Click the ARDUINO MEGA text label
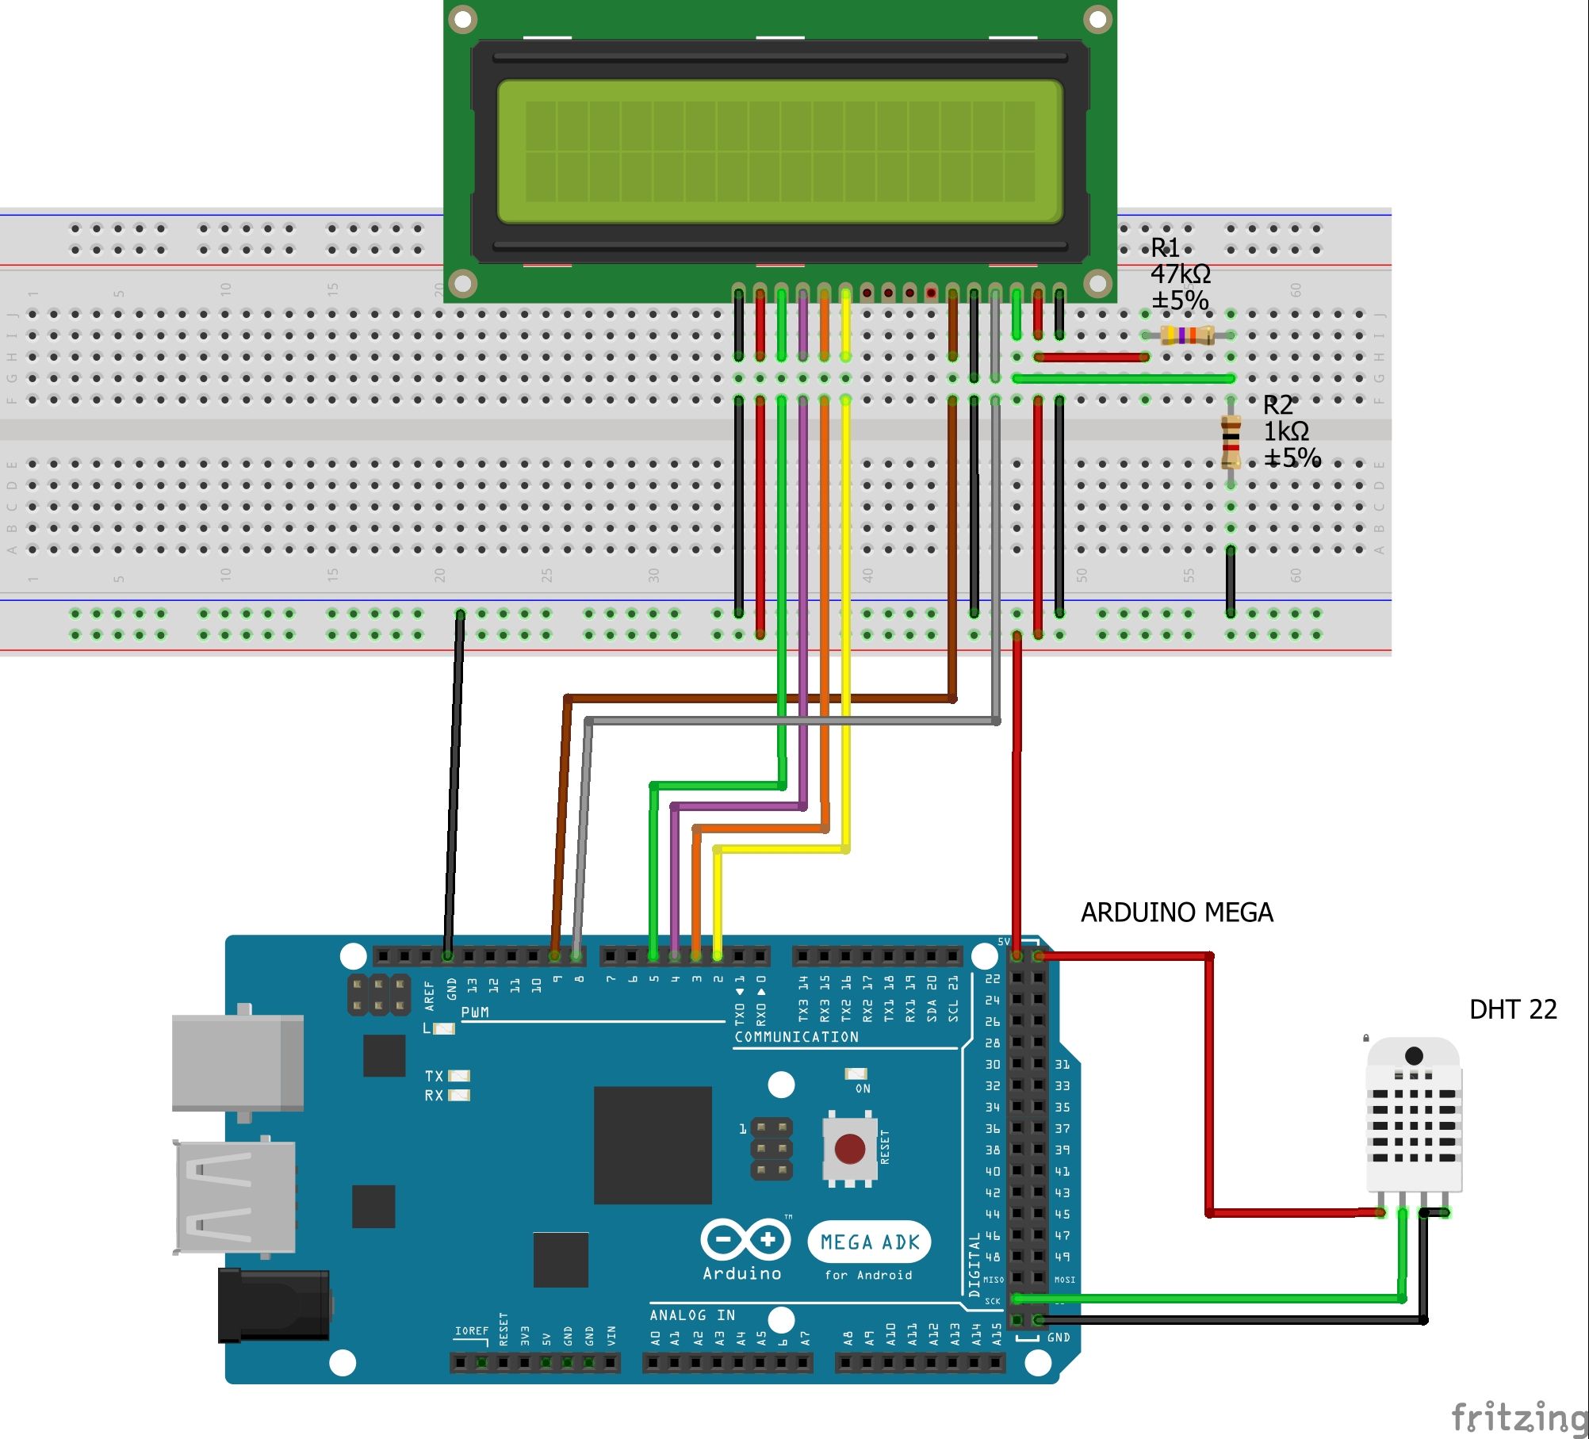(x=1177, y=913)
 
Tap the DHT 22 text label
(x=1513, y=1009)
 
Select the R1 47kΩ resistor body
(x=1187, y=335)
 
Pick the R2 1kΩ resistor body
(x=1231, y=442)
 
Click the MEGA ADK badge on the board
(x=869, y=1242)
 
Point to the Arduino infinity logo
(x=745, y=1239)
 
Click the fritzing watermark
(x=1518, y=1418)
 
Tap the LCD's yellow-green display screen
(x=779, y=151)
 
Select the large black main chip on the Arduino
(x=653, y=1145)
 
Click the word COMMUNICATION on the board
(x=796, y=1037)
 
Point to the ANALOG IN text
(x=692, y=1315)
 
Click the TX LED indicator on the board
(x=459, y=1076)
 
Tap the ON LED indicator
(x=856, y=1074)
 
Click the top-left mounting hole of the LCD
(x=462, y=18)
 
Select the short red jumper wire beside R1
(x=1091, y=358)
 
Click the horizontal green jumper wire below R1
(x=1124, y=379)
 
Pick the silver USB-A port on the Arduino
(x=235, y=1197)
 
